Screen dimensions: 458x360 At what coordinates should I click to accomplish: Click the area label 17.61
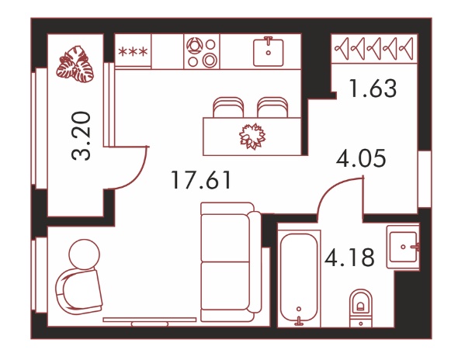[202, 180]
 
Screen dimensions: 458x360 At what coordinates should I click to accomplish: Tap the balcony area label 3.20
[82, 136]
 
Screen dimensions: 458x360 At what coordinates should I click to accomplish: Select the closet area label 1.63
[373, 88]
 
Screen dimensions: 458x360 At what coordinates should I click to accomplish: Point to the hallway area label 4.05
[361, 158]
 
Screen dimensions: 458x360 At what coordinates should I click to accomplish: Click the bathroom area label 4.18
[349, 257]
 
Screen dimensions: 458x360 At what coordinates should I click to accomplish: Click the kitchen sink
[268, 52]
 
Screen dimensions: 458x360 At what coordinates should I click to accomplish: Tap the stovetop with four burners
[202, 52]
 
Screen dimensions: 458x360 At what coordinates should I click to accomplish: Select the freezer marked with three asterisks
[133, 52]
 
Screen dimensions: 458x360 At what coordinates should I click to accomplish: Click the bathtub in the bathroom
[299, 278]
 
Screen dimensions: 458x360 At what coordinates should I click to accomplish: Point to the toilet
[361, 308]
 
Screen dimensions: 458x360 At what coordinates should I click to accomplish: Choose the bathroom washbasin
[404, 247]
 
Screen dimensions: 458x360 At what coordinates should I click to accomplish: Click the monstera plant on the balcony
[75, 64]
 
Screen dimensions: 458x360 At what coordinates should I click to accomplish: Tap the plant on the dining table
[252, 137]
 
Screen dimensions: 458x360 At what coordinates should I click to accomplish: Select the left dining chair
[228, 107]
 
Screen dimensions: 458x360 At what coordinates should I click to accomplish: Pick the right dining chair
[272, 107]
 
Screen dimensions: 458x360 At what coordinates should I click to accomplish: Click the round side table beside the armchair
[84, 254]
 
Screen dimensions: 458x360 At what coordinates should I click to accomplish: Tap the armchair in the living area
[79, 292]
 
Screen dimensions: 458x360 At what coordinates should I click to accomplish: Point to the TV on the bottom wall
[150, 321]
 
